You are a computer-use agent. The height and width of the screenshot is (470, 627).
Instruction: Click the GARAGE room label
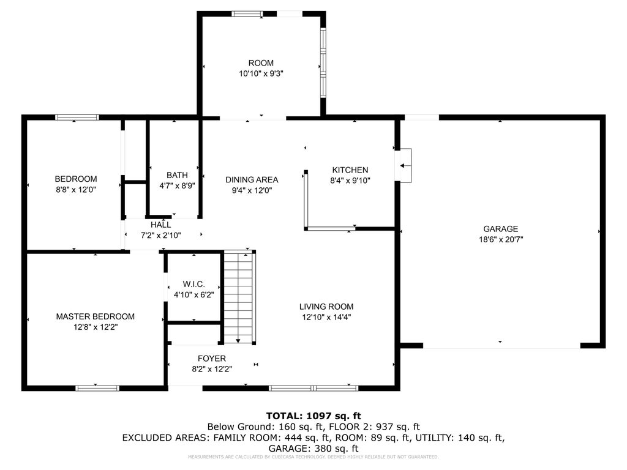point(501,229)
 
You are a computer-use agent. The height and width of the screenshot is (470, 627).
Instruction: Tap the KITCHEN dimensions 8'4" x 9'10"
point(350,181)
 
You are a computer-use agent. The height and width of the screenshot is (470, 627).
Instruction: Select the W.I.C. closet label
point(193,284)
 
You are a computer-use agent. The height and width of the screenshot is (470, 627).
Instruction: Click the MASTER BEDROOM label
point(95,316)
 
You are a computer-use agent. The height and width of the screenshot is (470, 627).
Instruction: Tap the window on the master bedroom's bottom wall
point(97,387)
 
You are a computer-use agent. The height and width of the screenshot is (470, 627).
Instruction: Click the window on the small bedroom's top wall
point(77,117)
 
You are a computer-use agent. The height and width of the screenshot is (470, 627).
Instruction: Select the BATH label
point(177,175)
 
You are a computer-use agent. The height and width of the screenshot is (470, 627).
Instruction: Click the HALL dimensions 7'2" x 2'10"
point(161,236)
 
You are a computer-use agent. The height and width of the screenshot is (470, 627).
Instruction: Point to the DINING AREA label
point(252,180)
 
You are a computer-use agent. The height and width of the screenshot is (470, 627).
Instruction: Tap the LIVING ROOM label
point(326,307)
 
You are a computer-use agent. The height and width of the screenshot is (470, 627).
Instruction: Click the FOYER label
point(212,359)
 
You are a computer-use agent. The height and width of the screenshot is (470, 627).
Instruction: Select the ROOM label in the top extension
point(261,63)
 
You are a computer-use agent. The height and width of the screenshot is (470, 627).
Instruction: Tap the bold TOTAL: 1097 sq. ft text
point(314,416)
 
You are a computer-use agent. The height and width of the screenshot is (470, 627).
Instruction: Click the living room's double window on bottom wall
point(313,387)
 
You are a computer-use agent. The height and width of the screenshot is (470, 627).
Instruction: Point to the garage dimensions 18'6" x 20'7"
point(501,239)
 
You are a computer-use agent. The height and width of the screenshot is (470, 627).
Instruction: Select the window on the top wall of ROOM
point(247,14)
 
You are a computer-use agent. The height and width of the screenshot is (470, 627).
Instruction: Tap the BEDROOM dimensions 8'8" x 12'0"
point(76,190)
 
